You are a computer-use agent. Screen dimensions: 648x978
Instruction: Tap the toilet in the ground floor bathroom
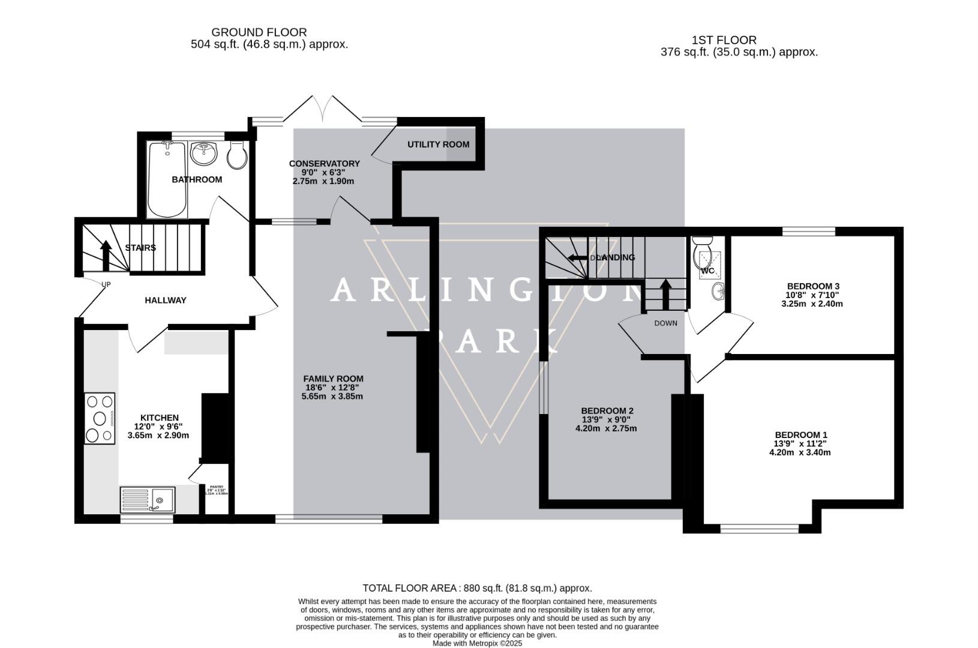pyautogui.click(x=237, y=155)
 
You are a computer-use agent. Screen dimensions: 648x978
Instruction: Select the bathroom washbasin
pyautogui.click(x=203, y=154)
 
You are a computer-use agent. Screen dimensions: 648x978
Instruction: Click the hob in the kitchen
pyautogui.click(x=100, y=418)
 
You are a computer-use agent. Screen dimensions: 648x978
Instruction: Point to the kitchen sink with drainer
pyautogui.click(x=148, y=499)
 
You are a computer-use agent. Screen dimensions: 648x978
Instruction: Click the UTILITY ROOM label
pyautogui.click(x=438, y=145)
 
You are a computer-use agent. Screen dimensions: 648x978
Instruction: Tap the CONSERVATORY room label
pyautogui.click(x=324, y=164)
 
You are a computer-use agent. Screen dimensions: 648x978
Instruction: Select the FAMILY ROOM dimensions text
pyautogui.click(x=332, y=392)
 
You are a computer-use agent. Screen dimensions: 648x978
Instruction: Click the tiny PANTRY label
pyautogui.click(x=216, y=488)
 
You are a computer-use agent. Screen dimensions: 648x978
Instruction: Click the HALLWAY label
pyautogui.click(x=166, y=300)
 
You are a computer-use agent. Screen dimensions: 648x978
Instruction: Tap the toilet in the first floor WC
pyautogui.click(x=701, y=251)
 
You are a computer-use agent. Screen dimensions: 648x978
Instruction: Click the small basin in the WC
pyautogui.click(x=718, y=292)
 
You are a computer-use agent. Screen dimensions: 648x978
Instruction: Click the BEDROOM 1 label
pyautogui.click(x=800, y=435)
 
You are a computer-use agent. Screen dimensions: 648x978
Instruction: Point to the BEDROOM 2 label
pyautogui.click(x=607, y=411)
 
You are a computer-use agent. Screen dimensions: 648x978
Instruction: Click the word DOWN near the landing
pyautogui.click(x=665, y=323)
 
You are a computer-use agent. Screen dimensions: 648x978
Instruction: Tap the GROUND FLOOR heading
pyautogui.click(x=259, y=32)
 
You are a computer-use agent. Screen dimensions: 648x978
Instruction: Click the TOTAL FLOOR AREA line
pyautogui.click(x=477, y=588)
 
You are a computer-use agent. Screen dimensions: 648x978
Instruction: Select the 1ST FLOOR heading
pyautogui.click(x=724, y=40)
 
